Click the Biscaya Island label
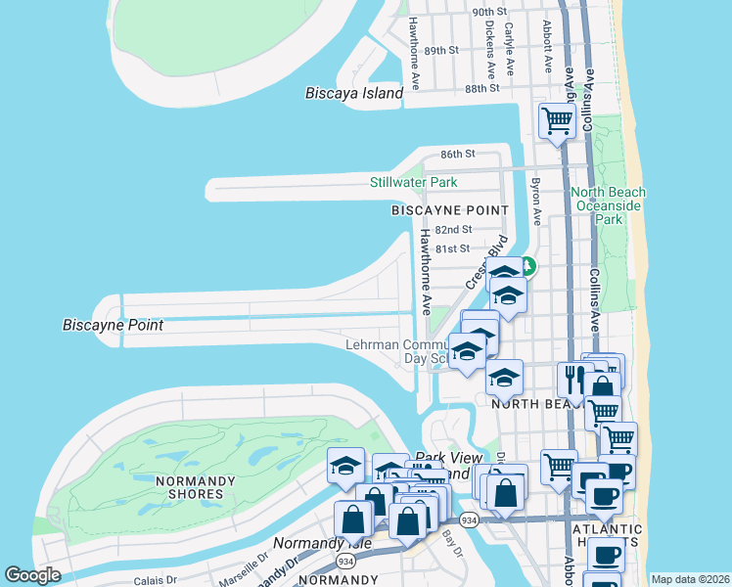354,93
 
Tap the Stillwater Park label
413,182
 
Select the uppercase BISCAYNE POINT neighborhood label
450,210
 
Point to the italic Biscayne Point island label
113,325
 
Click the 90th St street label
489,12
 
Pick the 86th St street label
457,155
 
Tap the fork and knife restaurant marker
573,379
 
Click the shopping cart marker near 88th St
557,121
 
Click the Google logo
33,575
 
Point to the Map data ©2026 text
690,579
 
